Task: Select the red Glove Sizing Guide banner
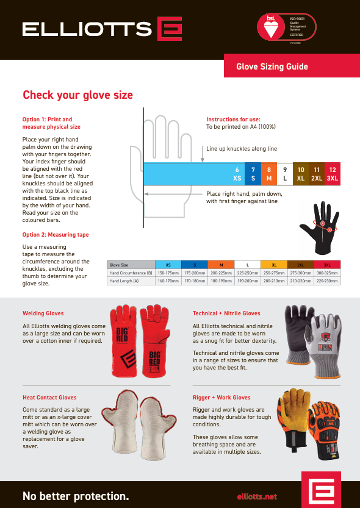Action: tap(272, 67)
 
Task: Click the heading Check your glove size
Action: tap(77, 95)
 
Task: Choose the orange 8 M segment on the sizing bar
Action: tap(269, 174)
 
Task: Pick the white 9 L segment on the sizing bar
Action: tap(285, 174)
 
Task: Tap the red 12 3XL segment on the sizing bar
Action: tap(332, 174)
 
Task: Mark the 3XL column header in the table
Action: tap(327, 265)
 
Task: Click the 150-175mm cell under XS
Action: tap(168, 273)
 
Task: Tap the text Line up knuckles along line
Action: tap(241, 148)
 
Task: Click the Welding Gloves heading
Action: tap(43, 313)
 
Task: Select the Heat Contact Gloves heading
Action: tap(49, 397)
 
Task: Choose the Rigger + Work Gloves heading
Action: tap(221, 397)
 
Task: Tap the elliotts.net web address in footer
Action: tap(256, 496)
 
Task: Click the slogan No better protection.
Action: tap(76, 496)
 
